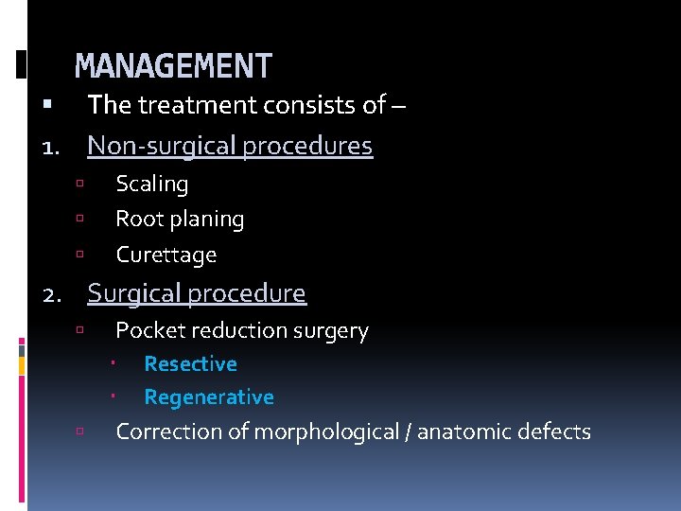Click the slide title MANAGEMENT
173,66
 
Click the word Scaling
151,184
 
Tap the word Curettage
166,255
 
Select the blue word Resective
190,363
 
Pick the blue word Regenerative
208,397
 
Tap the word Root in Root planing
137,220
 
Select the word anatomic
461,432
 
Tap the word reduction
234,330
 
